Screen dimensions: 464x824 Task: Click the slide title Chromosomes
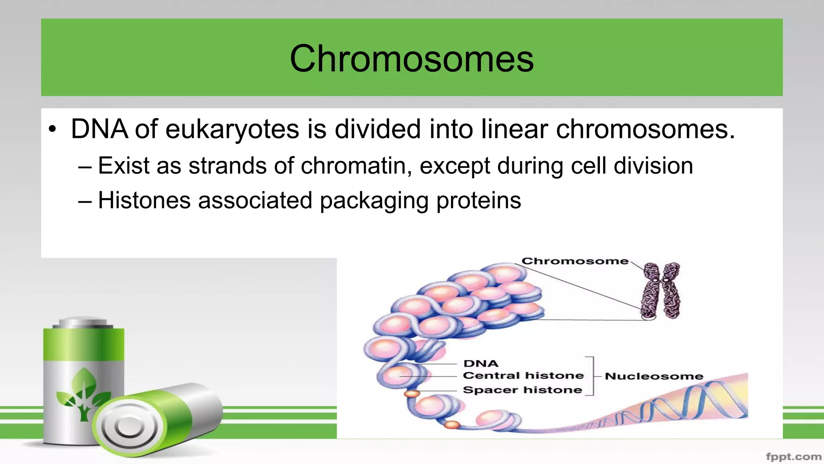point(412,59)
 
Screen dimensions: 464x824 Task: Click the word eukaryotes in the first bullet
point(232,130)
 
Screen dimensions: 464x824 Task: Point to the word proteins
point(478,201)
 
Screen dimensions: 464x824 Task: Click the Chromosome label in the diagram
point(575,261)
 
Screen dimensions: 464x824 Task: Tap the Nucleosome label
point(654,376)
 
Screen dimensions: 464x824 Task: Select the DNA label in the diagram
point(481,363)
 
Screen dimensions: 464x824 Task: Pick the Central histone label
point(523,375)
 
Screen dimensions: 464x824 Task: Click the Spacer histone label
point(522,390)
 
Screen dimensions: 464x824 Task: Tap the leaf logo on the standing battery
point(84,393)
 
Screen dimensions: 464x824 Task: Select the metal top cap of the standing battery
point(84,322)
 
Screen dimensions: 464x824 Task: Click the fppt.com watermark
point(793,456)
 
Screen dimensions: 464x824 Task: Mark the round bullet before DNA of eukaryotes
point(52,130)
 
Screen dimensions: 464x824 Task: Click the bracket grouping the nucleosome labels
point(591,376)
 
